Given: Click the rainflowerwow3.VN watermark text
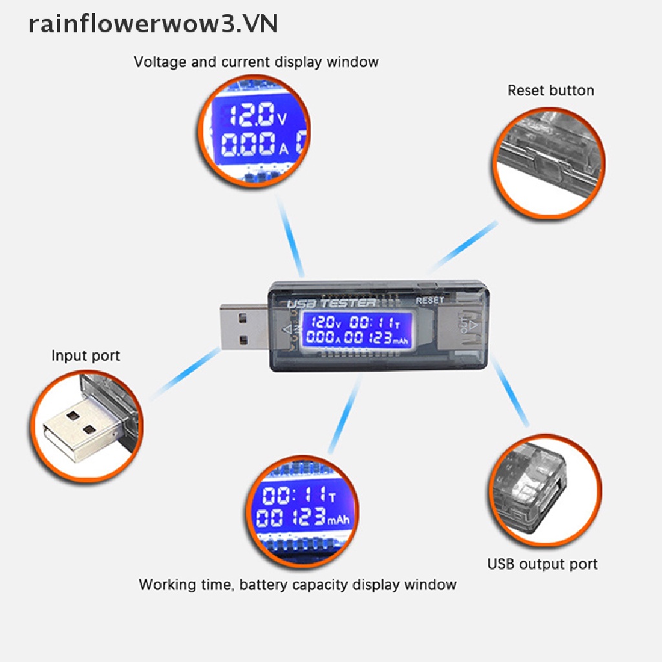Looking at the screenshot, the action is tap(153, 24).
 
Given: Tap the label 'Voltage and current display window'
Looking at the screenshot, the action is tap(256, 62).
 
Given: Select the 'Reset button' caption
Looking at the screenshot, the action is tap(550, 91).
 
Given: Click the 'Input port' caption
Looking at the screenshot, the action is tap(85, 356).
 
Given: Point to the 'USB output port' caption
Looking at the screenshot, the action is tap(542, 564).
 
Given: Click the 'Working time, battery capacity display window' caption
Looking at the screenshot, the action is tap(297, 585).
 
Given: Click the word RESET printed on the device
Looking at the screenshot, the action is tap(430, 300).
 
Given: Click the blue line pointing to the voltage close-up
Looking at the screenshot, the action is tap(292, 235).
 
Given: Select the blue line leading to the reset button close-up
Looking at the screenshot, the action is tap(464, 246).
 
